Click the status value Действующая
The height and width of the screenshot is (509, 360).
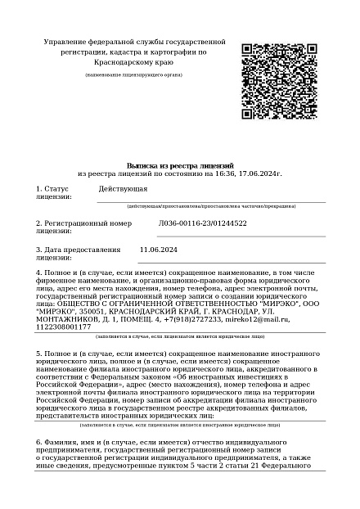point(123,188)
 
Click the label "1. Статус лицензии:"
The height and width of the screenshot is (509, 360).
point(54,192)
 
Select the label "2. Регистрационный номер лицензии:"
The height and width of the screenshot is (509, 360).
point(83,227)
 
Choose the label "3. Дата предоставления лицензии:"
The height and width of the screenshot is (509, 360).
point(78,253)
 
